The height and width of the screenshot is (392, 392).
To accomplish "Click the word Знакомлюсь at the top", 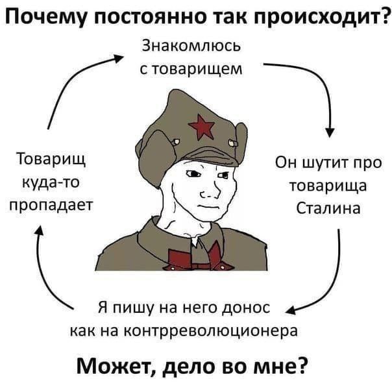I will point(190,47).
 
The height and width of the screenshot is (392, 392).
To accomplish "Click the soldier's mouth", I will point(209,206).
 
